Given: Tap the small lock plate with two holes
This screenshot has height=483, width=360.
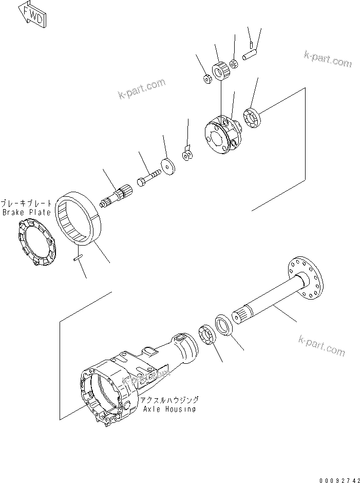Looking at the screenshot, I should click(x=186, y=154).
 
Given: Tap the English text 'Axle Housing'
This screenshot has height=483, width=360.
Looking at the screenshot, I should click(x=169, y=409).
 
